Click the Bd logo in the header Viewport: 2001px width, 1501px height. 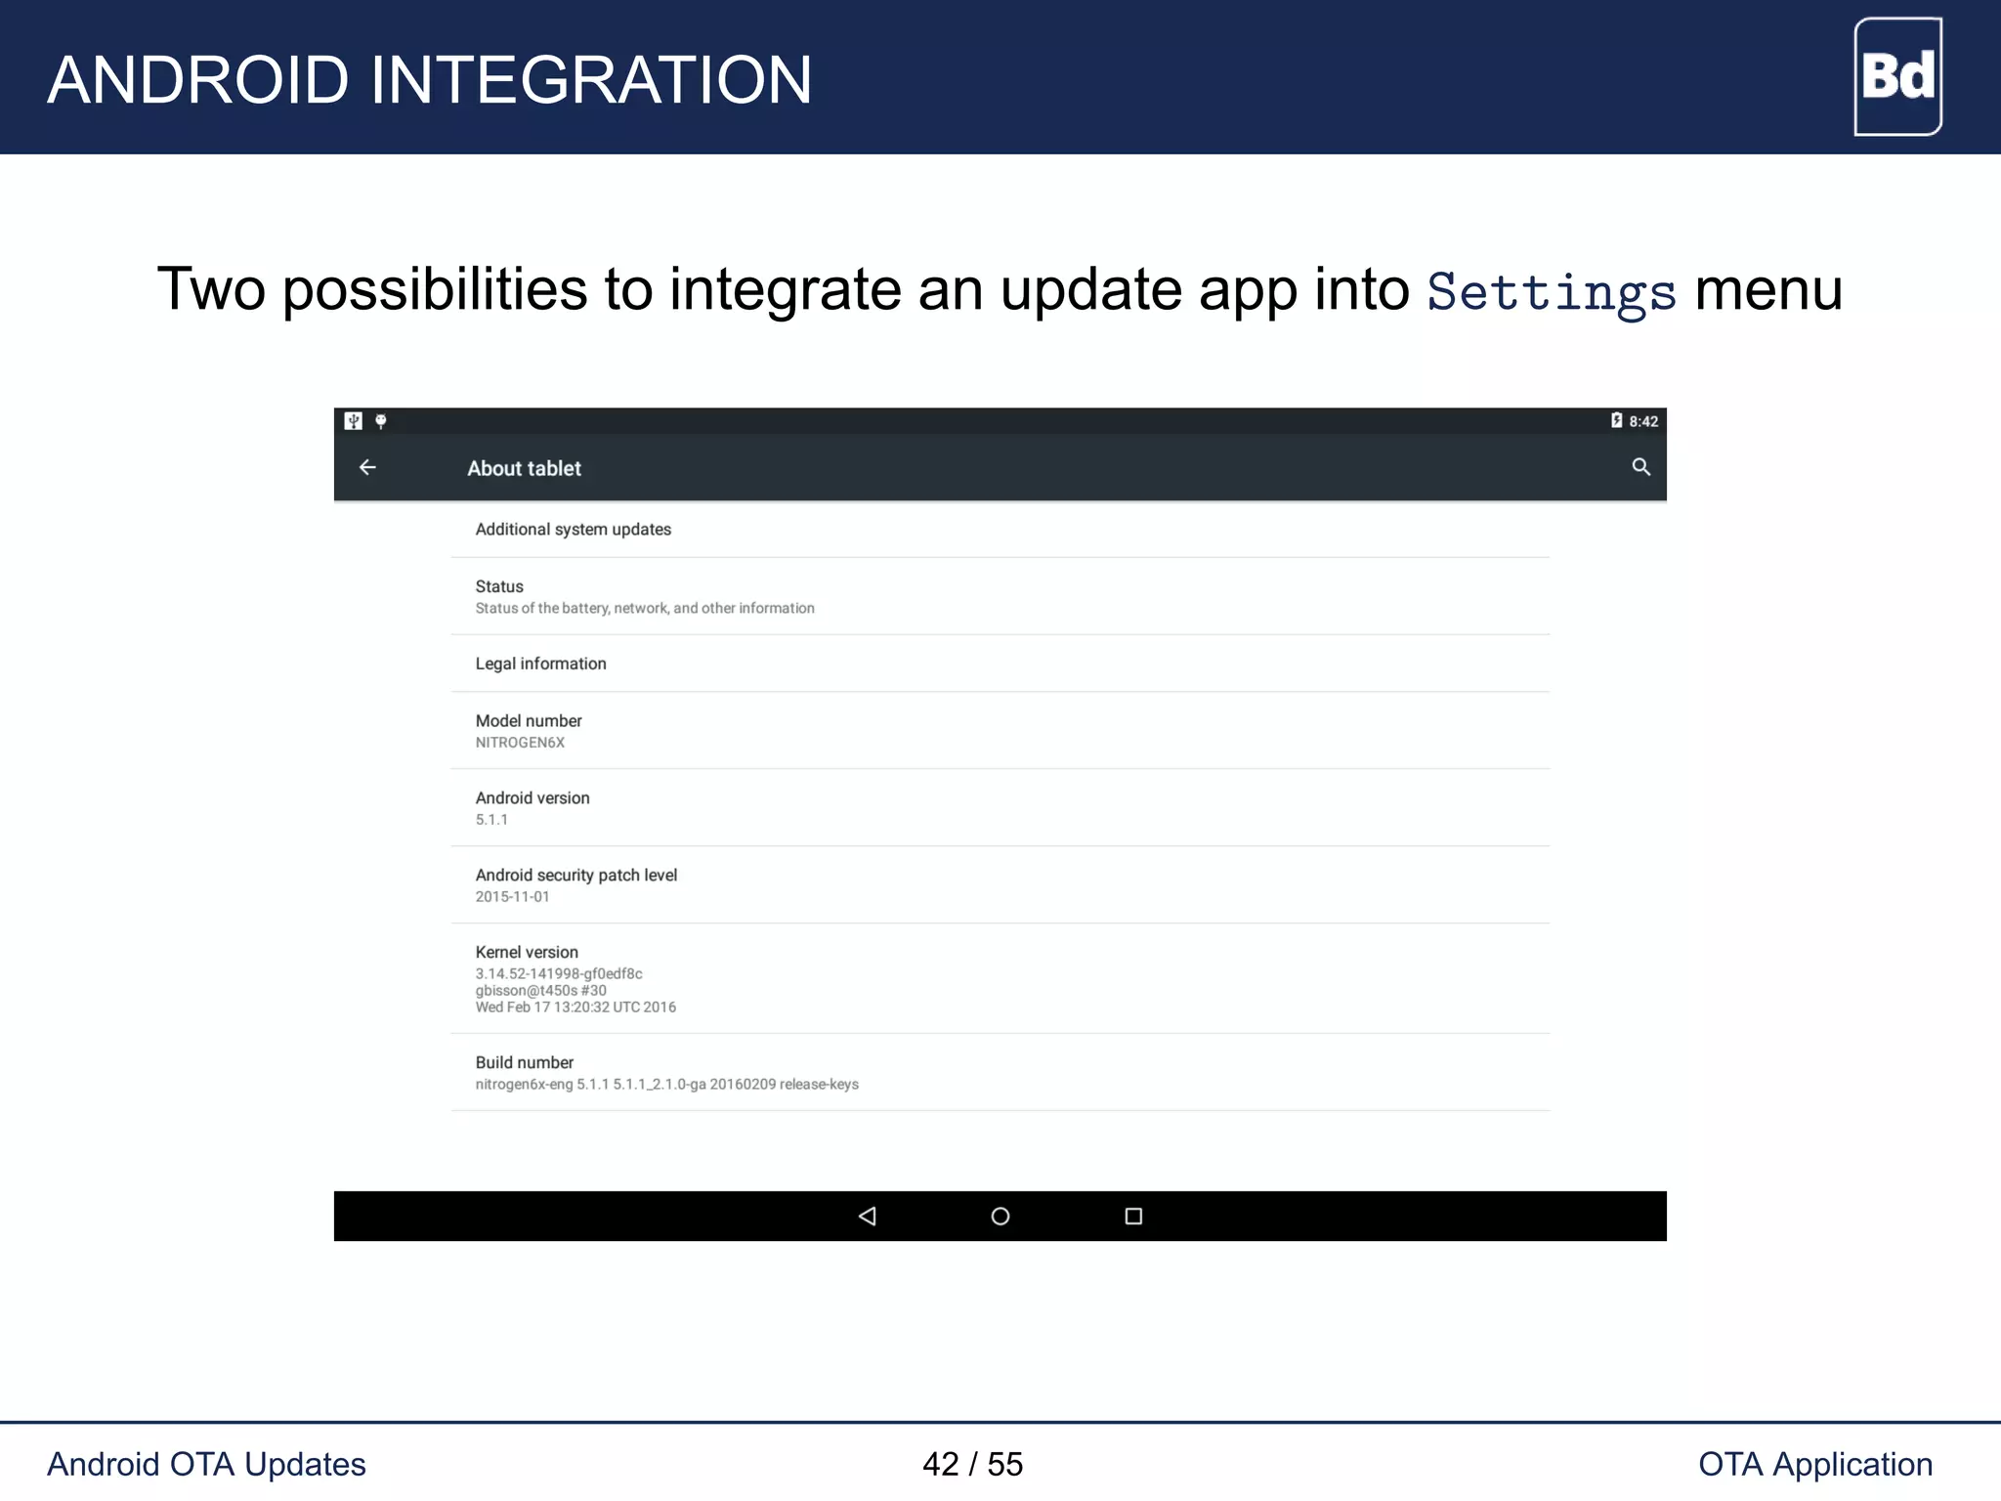[x=1897, y=76]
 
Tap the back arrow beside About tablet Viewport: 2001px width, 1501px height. [x=367, y=468]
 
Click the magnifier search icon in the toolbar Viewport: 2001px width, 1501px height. [x=1640, y=468]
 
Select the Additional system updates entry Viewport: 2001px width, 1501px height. [x=573, y=530]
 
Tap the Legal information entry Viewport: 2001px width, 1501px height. [x=540, y=664]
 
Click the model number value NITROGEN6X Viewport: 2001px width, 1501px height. [x=520, y=743]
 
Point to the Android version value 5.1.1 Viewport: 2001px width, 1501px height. [x=491, y=820]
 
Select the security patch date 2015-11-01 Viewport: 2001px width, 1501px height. [x=512, y=897]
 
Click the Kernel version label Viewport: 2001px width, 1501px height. [x=527, y=952]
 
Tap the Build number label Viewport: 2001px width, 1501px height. [x=524, y=1062]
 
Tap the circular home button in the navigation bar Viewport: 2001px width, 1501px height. [x=1000, y=1217]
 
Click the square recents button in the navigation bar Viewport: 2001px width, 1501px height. [x=1133, y=1217]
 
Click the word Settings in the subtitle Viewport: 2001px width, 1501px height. [x=1551, y=292]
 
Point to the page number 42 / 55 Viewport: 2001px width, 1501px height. [x=972, y=1464]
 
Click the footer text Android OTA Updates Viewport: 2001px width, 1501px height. [x=206, y=1464]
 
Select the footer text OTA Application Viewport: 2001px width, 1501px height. [x=1814, y=1464]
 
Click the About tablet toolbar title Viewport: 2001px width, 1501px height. [x=524, y=469]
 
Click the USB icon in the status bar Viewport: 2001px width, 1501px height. [x=354, y=421]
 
